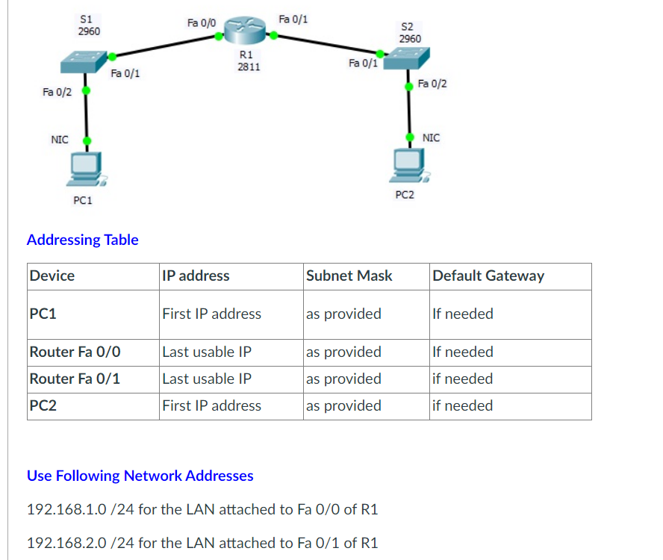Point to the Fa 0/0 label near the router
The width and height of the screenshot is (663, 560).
tap(202, 23)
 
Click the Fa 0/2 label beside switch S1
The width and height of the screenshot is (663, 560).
tap(57, 92)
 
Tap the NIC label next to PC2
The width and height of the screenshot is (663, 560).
tap(431, 137)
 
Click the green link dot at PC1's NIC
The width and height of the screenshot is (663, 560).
tap(87, 140)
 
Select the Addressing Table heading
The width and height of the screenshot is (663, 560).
tap(82, 240)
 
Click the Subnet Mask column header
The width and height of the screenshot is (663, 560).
tap(349, 276)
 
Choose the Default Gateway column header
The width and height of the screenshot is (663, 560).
tap(488, 276)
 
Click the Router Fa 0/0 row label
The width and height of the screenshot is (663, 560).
tap(75, 352)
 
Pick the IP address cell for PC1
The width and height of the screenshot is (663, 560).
tap(211, 314)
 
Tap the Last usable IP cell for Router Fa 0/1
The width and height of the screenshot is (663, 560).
tap(206, 379)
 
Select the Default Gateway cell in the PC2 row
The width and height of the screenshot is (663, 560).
tap(463, 405)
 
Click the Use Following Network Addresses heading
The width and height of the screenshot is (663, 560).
tap(140, 476)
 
